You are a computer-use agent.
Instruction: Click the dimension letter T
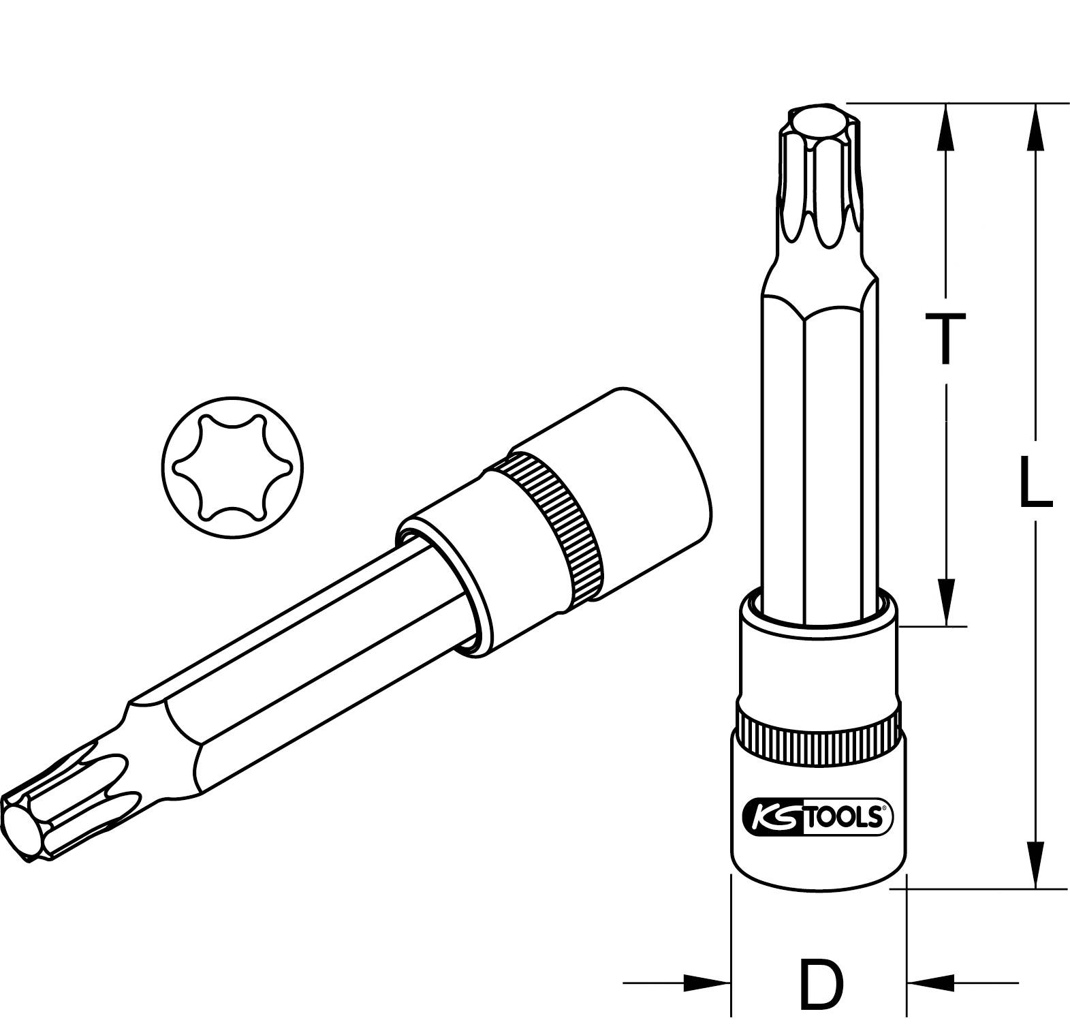click(945, 339)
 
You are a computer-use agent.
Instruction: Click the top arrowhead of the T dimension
click(945, 126)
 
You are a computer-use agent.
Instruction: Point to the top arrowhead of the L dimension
click(1035, 126)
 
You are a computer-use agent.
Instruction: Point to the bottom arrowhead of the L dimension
click(1035, 864)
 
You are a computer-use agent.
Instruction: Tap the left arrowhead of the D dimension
click(708, 983)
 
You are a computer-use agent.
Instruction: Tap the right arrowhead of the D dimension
click(930, 983)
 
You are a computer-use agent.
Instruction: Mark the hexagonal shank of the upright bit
click(817, 443)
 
